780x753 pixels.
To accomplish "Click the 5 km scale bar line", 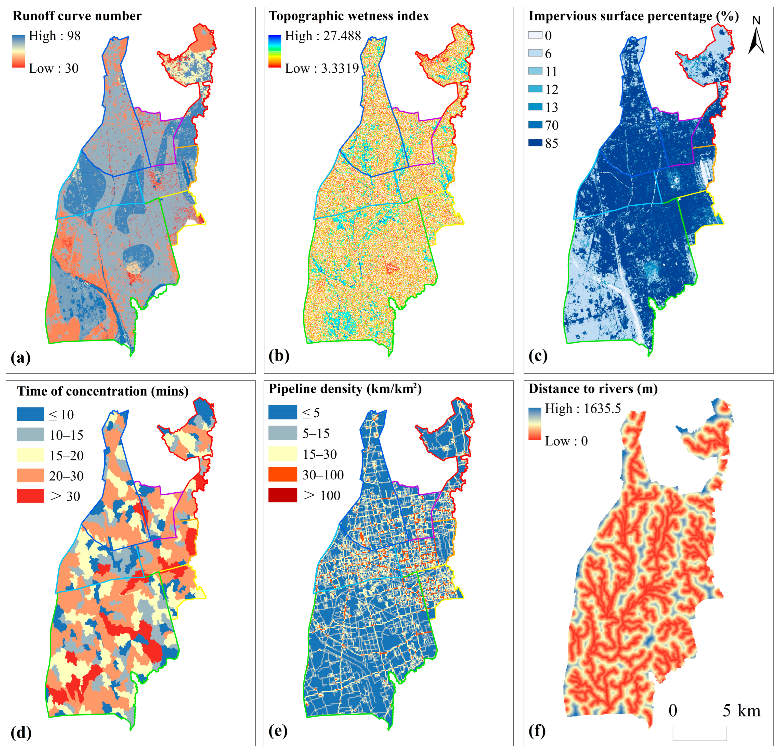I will (x=700, y=740).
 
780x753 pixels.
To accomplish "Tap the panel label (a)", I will (x=21, y=357).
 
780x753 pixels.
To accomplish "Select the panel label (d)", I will (x=21, y=732).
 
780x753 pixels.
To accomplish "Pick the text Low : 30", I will (x=54, y=68).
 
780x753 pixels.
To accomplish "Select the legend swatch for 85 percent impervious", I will (x=535, y=142).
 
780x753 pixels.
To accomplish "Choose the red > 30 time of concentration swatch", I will (x=30, y=496).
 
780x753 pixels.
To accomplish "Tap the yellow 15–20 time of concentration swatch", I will (x=30, y=455).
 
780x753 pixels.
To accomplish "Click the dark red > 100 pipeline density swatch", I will (x=282, y=495).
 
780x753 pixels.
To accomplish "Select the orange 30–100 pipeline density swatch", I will (x=282, y=474).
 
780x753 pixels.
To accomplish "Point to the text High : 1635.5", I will (x=583, y=408).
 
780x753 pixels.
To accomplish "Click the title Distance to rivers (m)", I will (x=593, y=389).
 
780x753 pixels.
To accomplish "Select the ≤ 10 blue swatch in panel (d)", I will (x=30, y=414).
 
